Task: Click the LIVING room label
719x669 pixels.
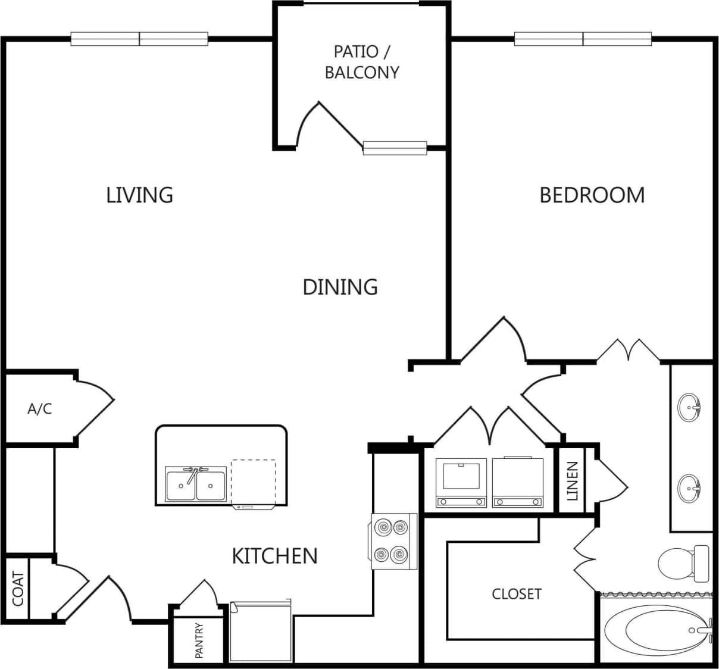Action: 139,195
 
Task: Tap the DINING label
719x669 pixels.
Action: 340,287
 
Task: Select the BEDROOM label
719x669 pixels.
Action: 592,195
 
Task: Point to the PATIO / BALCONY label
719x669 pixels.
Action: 361,62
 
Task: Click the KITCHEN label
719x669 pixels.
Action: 274,556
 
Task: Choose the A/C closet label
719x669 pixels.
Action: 39,409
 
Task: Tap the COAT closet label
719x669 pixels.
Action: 17,589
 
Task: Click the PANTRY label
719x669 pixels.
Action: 199,640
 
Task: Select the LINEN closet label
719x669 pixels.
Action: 572,481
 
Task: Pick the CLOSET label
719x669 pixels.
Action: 517,594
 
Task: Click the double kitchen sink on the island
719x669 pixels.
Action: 196,484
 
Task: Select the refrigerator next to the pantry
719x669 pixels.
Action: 260,632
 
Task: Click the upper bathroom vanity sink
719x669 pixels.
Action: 690,407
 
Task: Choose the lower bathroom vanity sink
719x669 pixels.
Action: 690,488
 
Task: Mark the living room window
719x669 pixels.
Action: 139,39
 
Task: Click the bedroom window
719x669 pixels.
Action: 583,39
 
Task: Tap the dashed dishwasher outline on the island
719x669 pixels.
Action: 254,482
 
